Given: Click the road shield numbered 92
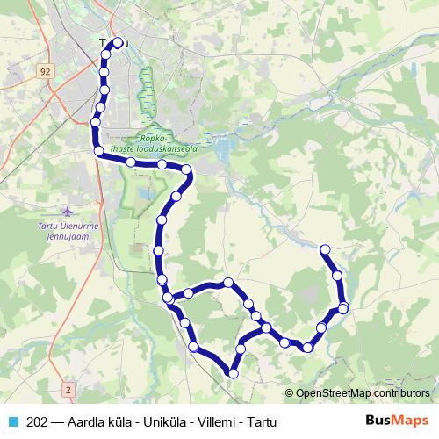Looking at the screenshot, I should (46, 69).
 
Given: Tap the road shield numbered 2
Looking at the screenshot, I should (68, 387).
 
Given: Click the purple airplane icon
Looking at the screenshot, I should (69, 212).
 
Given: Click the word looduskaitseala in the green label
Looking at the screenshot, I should (164, 149).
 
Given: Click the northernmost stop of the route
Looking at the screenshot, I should (118, 41).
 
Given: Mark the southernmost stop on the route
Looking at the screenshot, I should (233, 374).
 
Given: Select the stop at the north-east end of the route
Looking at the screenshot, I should (325, 249).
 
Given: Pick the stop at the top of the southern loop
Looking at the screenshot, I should (227, 283).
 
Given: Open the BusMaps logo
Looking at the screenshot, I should (396, 421).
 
